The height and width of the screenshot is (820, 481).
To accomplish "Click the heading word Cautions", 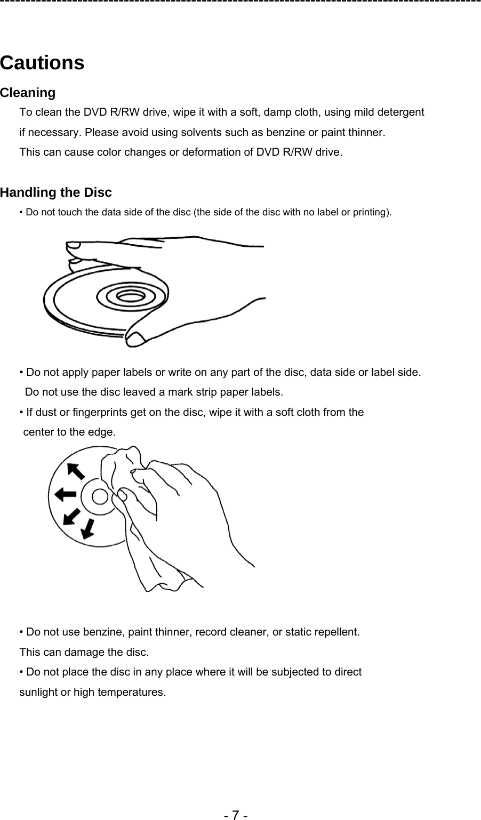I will (42, 63).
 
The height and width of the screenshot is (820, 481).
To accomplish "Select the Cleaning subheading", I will (28, 93).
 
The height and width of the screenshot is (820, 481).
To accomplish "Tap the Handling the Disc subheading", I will (56, 192).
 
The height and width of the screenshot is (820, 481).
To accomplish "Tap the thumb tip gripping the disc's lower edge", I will (136, 337).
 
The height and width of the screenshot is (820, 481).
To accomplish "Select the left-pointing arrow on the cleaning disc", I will (66, 495).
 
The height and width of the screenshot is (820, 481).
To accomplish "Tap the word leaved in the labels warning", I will (138, 392).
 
